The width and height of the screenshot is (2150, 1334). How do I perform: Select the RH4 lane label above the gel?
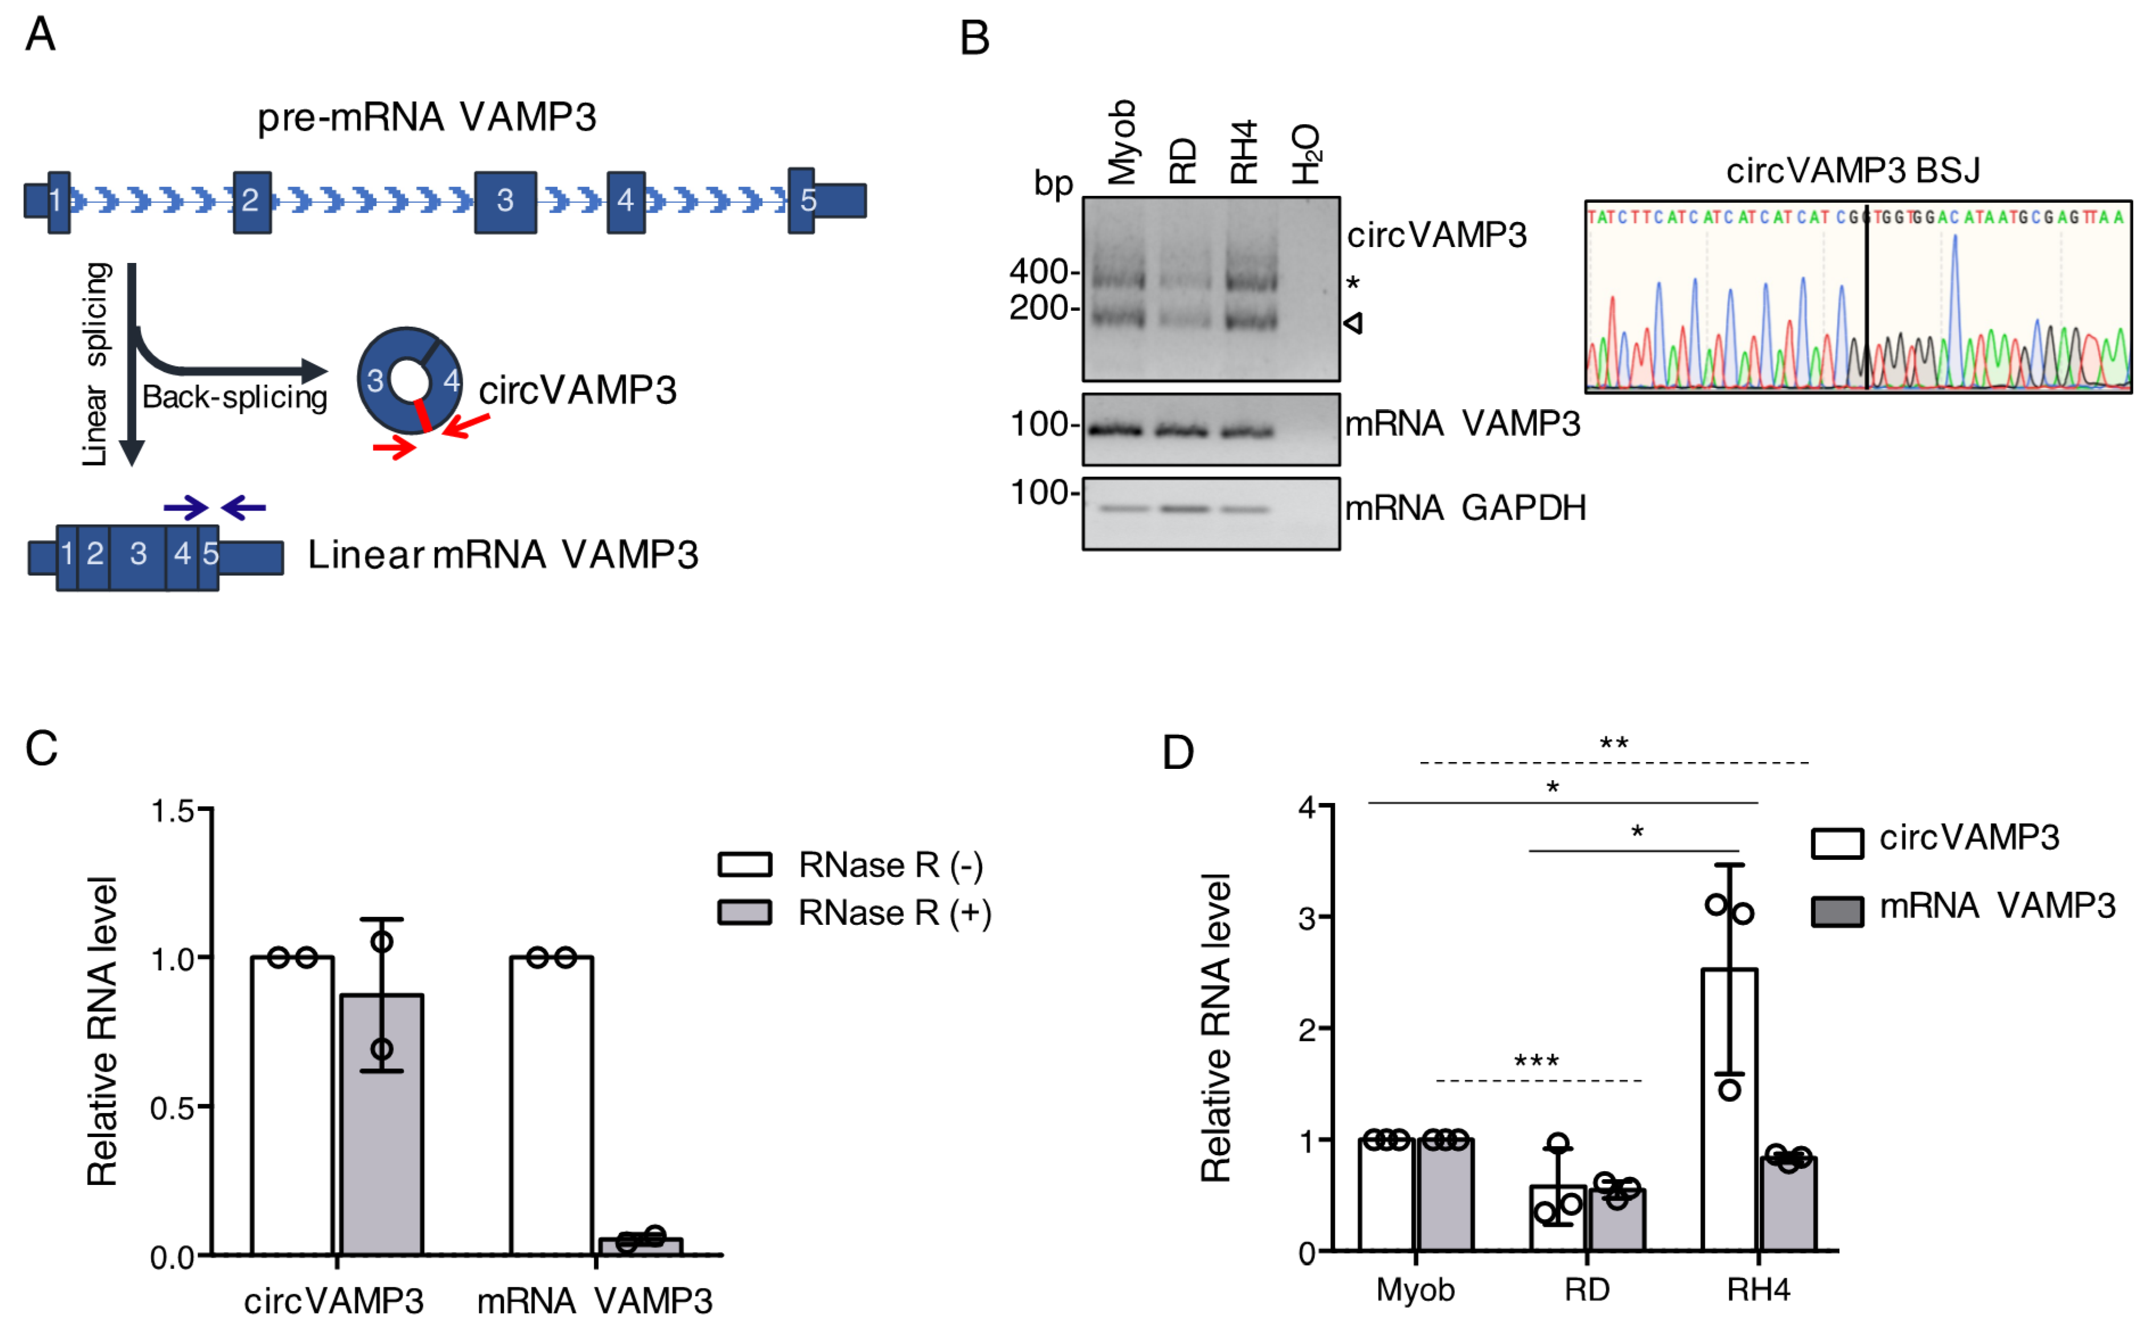[x=1243, y=152]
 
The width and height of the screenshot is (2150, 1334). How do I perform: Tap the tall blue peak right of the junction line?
[x=1954, y=300]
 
